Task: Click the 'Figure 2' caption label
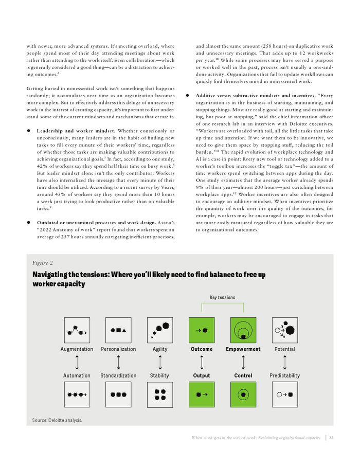(x=42, y=262)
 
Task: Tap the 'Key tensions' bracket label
(x=222, y=297)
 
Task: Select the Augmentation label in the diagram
(x=77, y=349)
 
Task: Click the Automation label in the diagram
(x=77, y=375)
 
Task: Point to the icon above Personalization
(x=118, y=330)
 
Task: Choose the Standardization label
(x=119, y=375)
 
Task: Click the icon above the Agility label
(x=160, y=330)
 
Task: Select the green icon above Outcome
(x=201, y=330)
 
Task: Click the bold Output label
(x=201, y=375)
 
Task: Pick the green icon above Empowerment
(x=243, y=330)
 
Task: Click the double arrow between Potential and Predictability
(x=284, y=362)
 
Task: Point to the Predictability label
(x=284, y=375)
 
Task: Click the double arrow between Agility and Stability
(x=160, y=362)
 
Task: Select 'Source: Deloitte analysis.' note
(x=57, y=420)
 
